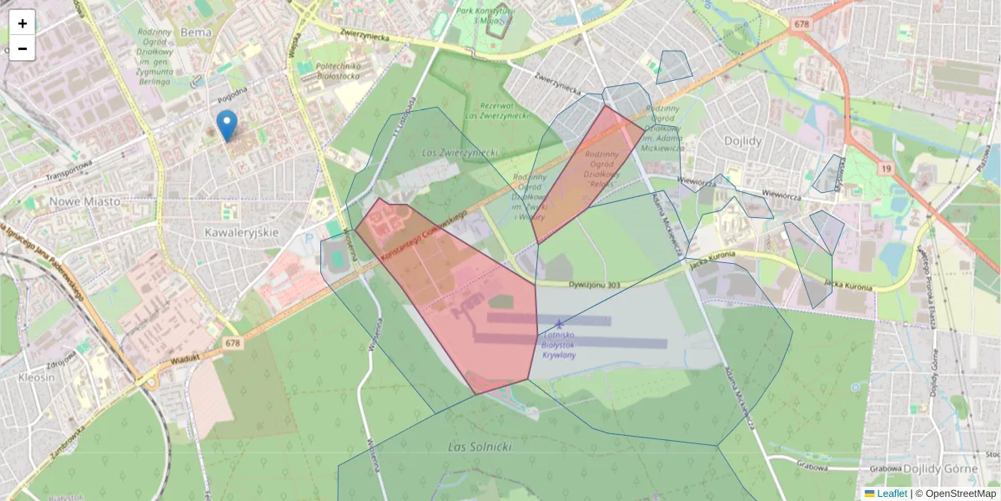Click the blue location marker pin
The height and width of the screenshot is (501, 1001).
click(226, 125)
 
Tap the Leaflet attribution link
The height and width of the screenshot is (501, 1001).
click(892, 493)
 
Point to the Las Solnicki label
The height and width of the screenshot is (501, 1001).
click(479, 447)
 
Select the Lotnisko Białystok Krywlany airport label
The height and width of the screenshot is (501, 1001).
click(559, 344)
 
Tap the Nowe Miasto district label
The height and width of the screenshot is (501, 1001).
click(84, 201)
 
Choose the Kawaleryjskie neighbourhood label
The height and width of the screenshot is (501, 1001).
click(241, 232)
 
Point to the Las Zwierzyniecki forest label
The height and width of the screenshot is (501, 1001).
click(460, 153)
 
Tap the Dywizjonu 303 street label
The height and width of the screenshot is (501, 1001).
click(590, 286)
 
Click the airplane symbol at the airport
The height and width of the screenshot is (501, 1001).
click(559, 323)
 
